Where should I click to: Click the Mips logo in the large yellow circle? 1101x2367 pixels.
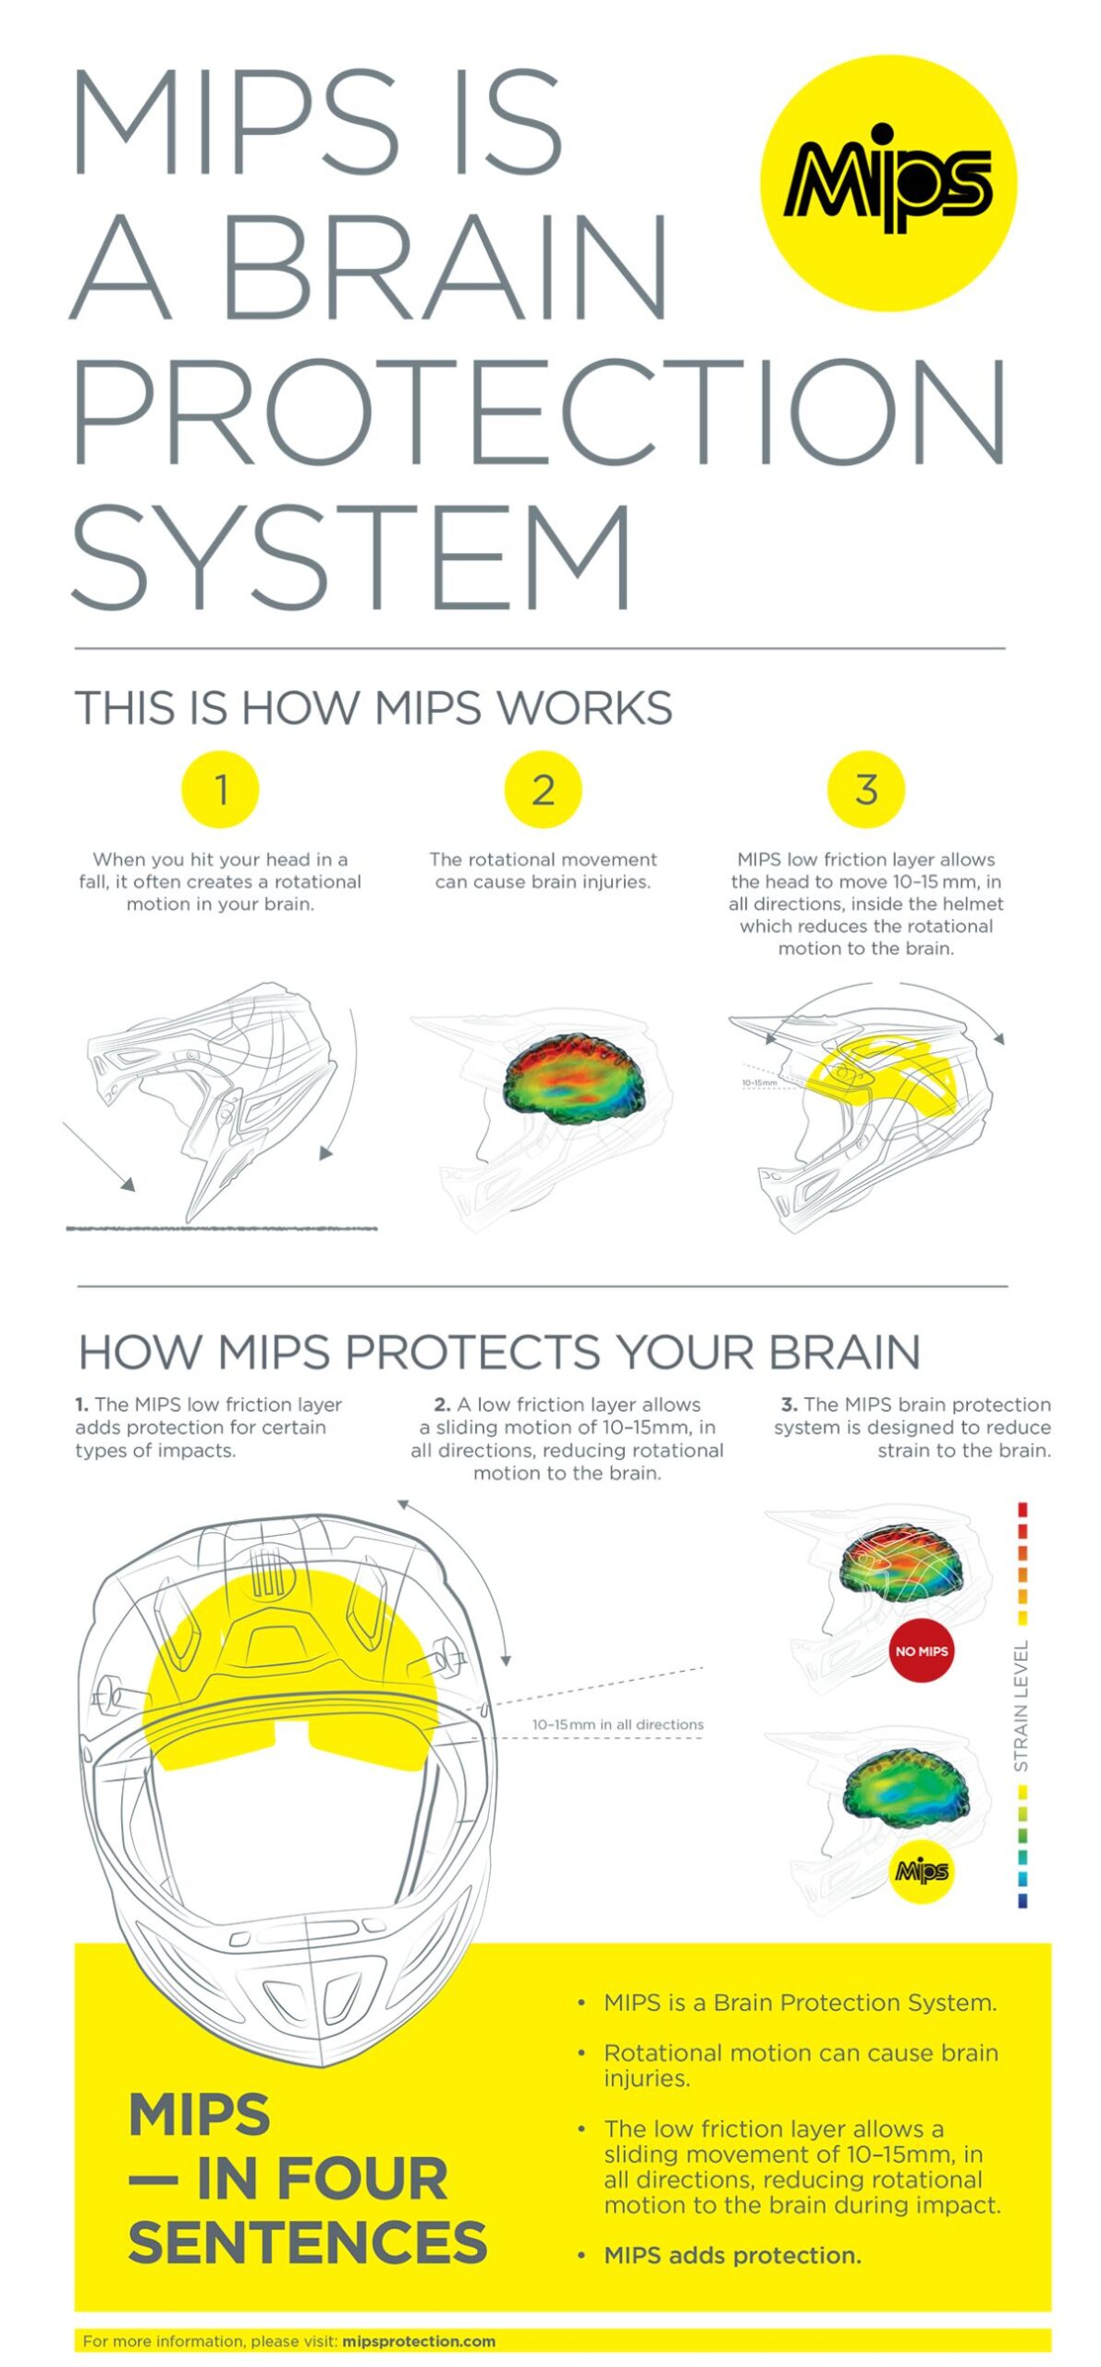[x=887, y=181]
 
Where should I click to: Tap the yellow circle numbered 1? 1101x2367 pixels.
[x=220, y=789]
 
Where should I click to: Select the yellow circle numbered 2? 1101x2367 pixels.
[x=543, y=789]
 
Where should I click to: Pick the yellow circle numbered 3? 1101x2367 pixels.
[x=865, y=789]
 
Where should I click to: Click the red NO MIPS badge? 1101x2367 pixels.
[x=921, y=1650]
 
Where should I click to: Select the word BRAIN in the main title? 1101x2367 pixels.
[x=444, y=266]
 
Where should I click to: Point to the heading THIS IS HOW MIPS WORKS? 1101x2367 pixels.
[x=373, y=708]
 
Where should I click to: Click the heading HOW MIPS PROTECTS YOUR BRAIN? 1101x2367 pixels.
[x=499, y=1352]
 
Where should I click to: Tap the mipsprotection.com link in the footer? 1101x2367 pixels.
[x=418, y=2341]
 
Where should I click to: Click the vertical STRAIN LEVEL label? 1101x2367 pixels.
[x=1021, y=1706]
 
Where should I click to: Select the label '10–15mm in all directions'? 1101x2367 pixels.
[x=618, y=1724]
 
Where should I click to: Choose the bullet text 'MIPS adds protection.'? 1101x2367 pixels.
[x=732, y=2255]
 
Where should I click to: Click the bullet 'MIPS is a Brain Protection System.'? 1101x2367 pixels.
[x=800, y=2002]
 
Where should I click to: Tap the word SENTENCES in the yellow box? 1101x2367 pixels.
[x=307, y=2241]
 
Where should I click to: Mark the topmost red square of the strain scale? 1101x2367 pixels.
[x=1022, y=1510]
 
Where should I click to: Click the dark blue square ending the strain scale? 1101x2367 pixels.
[x=1022, y=1901]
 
